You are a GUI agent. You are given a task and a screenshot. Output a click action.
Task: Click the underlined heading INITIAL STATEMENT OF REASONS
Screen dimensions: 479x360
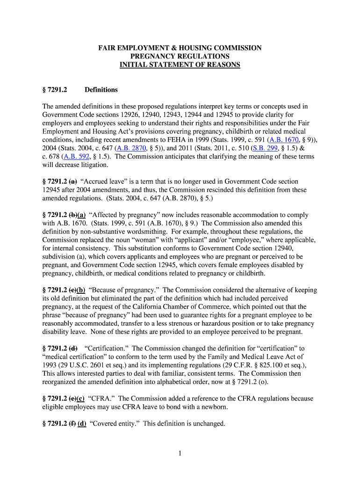[x=180, y=65]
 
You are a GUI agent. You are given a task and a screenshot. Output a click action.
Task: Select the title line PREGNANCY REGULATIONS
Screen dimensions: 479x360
[x=180, y=57]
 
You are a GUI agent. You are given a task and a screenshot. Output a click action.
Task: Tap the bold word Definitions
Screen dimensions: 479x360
[x=101, y=90]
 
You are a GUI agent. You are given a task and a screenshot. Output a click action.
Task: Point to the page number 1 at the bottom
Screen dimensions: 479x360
[x=180, y=453]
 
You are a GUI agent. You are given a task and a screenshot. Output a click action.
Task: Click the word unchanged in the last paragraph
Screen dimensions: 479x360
[x=209, y=424]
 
